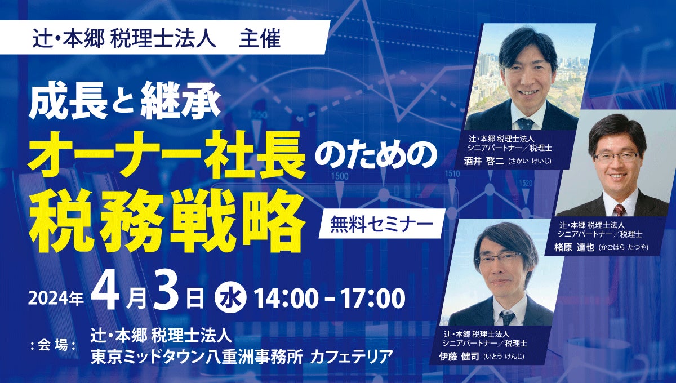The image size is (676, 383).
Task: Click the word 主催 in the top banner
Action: point(260,38)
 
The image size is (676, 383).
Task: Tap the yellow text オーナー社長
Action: point(166,155)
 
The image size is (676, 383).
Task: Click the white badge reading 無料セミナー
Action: point(382,224)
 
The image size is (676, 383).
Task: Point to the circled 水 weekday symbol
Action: point(230,297)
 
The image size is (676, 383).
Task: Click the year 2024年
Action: point(56,298)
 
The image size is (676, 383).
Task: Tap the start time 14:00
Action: point(287,298)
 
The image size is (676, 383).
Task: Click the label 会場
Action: point(53,345)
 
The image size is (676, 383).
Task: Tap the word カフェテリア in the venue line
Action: point(352,357)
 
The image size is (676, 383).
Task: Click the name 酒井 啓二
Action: point(484,161)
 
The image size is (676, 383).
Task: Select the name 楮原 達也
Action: point(574,247)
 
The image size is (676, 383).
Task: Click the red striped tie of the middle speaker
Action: point(619,210)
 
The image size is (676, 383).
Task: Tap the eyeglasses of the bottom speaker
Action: point(500,259)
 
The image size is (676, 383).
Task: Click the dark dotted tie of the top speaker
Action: point(526,123)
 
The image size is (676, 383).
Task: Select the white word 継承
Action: point(180,100)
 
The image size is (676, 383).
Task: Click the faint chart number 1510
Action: point(452,173)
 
